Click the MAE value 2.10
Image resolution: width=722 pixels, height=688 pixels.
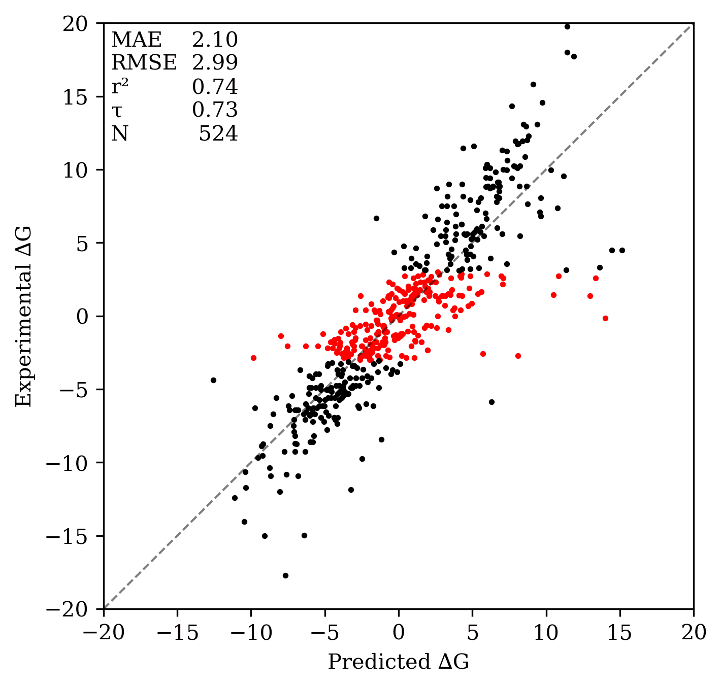215,40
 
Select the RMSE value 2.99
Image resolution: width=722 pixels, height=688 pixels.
215,63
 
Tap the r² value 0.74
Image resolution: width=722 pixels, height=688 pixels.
215,87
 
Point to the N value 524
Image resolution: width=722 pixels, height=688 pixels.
218,134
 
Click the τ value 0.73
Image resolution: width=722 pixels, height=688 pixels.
215,110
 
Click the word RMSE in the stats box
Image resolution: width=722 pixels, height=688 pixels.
144,63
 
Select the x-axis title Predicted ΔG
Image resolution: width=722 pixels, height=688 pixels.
399,662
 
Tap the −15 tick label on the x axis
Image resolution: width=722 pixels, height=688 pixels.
177,634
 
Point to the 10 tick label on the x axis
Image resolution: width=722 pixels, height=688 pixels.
546,634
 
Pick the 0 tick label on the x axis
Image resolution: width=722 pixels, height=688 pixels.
399,634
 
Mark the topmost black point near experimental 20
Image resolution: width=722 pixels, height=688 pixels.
567,26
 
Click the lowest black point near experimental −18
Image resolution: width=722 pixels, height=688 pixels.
285,575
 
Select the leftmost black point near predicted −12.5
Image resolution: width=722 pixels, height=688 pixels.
213,380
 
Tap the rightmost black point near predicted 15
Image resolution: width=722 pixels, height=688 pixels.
622,250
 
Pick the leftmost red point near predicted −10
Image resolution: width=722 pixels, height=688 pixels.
253,358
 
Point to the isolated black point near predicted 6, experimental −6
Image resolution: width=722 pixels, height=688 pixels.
491,402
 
